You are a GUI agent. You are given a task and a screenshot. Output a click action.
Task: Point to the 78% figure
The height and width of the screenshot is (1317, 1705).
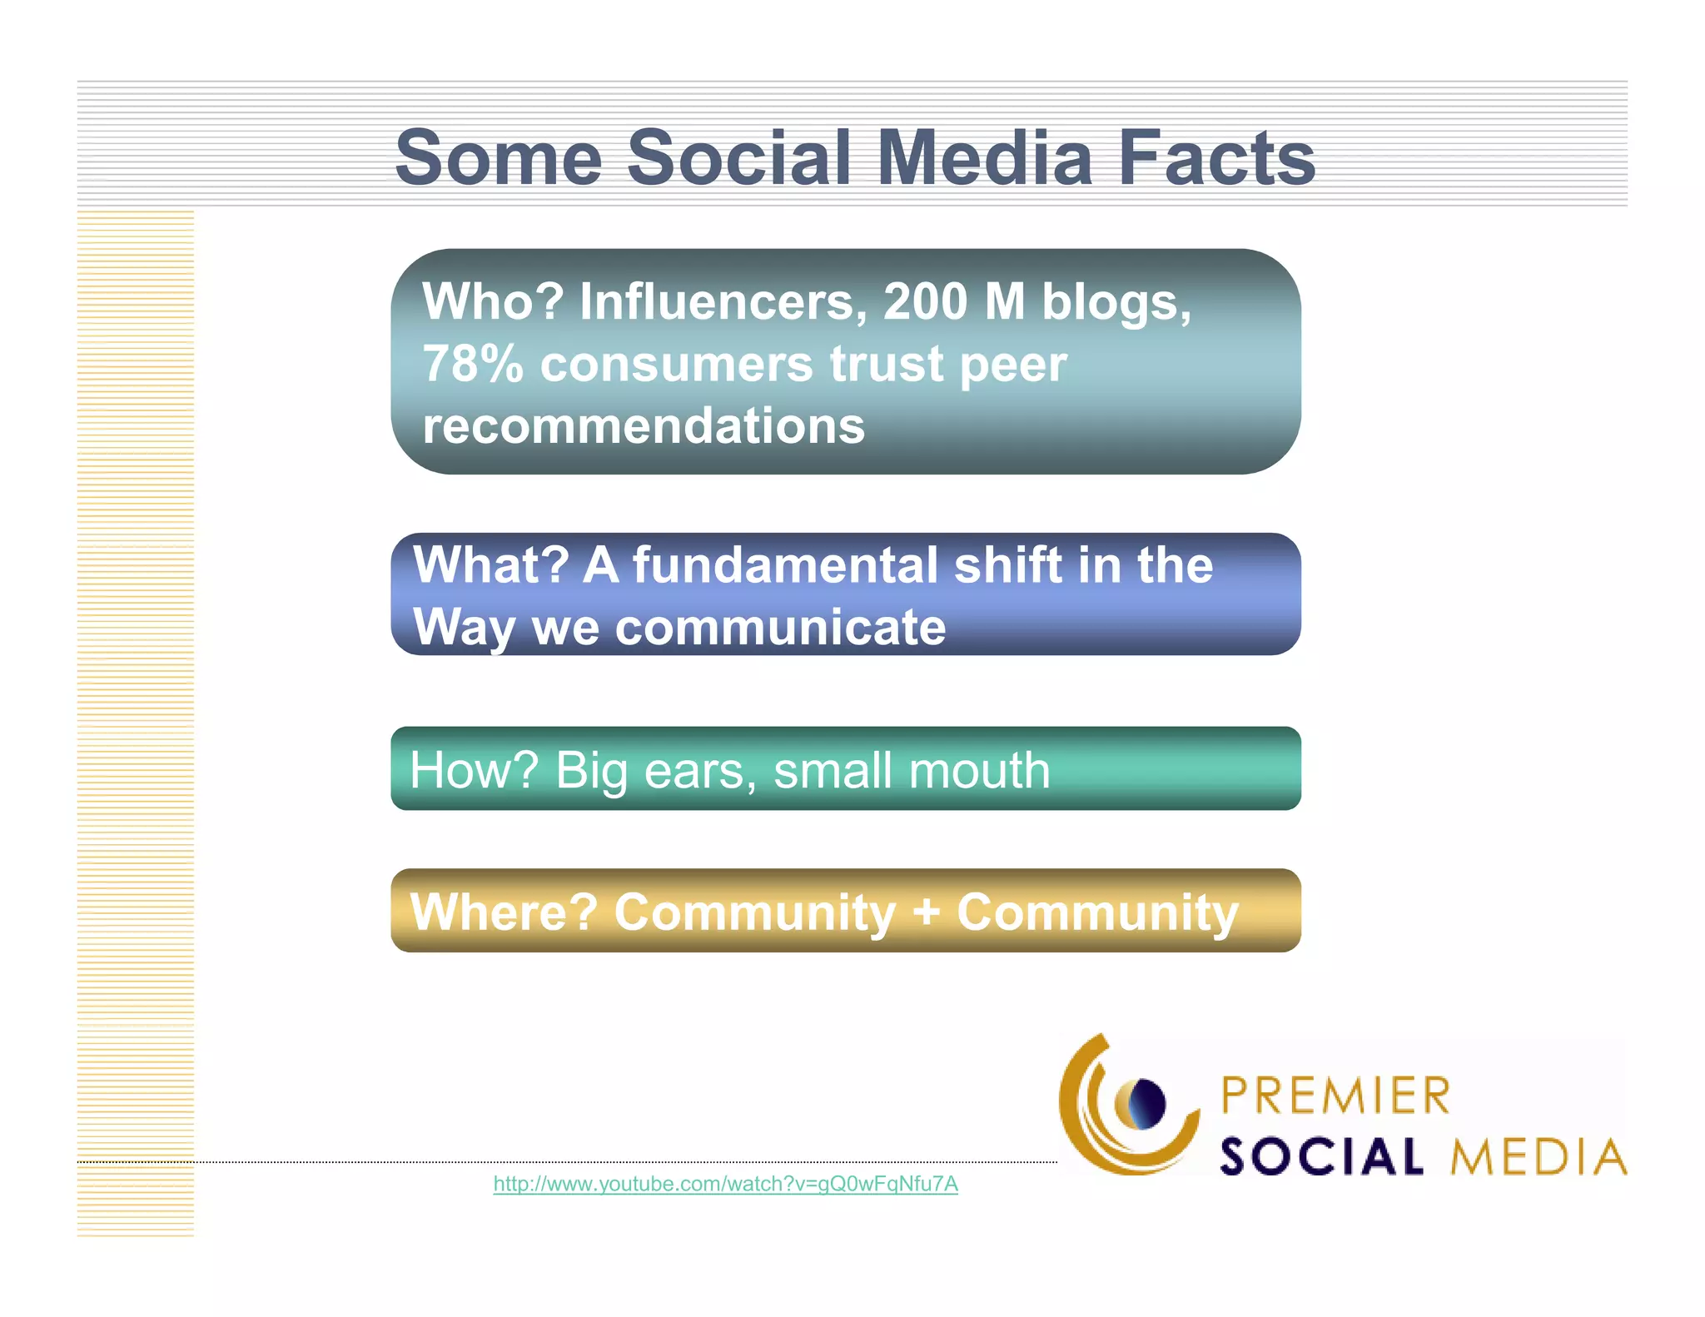tap(472, 364)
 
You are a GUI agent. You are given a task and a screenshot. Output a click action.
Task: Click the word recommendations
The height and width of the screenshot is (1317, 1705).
tap(644, 426)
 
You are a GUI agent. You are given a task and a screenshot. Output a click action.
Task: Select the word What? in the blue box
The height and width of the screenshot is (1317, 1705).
tap(491, 565)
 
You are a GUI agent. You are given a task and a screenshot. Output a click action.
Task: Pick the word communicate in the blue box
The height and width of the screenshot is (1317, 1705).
tap(780, 627)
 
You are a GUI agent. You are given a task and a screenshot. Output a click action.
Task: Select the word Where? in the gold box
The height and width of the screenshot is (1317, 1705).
tap(504, 912)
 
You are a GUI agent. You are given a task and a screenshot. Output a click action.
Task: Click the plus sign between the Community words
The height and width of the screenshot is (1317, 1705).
tap(926, 912)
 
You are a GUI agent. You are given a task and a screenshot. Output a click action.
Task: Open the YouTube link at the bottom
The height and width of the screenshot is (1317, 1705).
tap(725, 1184)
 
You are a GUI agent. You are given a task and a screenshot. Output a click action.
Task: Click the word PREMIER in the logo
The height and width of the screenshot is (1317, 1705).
tap(1335, 1096)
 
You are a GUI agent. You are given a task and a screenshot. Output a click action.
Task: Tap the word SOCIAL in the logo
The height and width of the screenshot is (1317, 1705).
tap(1322, 1157)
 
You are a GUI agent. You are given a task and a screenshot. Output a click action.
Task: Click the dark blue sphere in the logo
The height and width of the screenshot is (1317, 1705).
tap(1148, 1104)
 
